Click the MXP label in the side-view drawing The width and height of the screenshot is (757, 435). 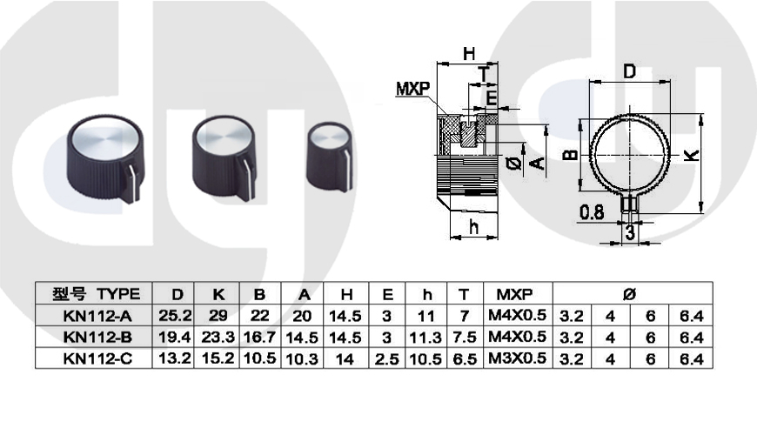(414, 89)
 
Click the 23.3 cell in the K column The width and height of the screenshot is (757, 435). (218, 337)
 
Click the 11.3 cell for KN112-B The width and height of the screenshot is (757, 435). (427, 337)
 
